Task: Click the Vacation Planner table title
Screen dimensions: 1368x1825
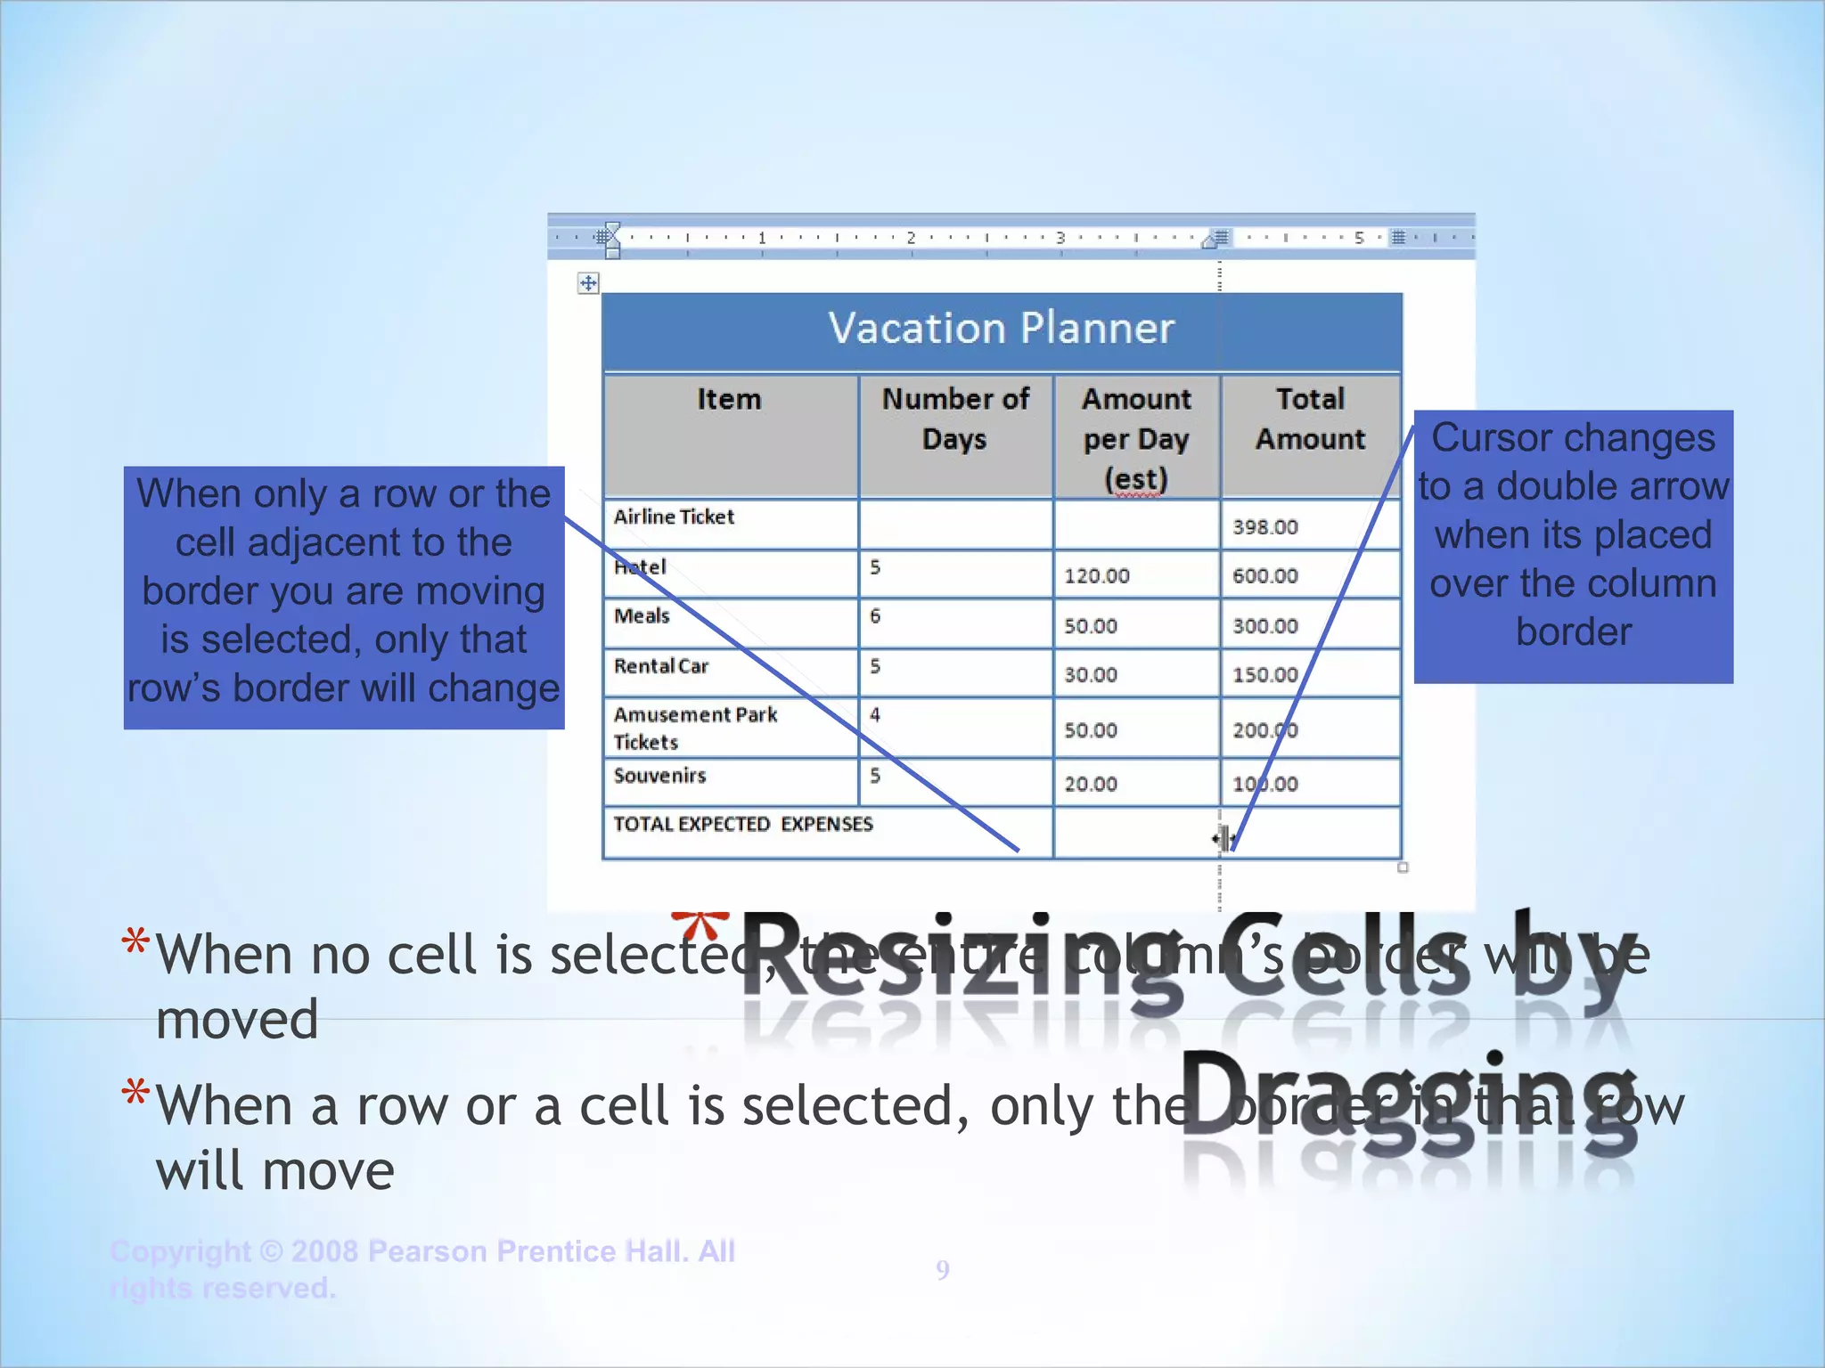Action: (x=1001, y=329)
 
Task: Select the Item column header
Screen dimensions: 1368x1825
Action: (x=729, y=400)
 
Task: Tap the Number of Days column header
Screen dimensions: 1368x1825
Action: (x=954, y=419)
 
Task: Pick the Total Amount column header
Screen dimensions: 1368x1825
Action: (x=1309, y=419)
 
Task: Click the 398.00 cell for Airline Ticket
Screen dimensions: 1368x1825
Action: (x=1264, y=527)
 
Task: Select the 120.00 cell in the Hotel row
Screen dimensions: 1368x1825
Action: (x=1096, y=576)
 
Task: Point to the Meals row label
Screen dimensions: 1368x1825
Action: (x=642, y=616)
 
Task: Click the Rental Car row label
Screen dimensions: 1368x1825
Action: (x=660, y=666)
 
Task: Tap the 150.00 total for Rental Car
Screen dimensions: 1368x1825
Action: (x=1264, y=675)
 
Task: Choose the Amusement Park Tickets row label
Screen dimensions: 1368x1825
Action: (x=695, y=728)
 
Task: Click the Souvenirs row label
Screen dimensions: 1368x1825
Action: (x=659, y=776)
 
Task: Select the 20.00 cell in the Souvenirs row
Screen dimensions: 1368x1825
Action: (x=1090, y=785)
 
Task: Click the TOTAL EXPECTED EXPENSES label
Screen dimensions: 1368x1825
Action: (x=742, y=825)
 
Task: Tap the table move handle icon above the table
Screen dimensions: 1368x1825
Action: (x=588, y=284)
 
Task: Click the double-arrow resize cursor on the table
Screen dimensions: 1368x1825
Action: (x=1223, y=838)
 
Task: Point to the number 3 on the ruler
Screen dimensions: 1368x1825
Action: (x=1060, y=238)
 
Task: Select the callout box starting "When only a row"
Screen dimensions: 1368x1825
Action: (x=344, y=597)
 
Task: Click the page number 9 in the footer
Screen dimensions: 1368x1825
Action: (x=943, y=1270)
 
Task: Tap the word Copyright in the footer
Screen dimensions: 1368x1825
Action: (x=181, y=1251)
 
